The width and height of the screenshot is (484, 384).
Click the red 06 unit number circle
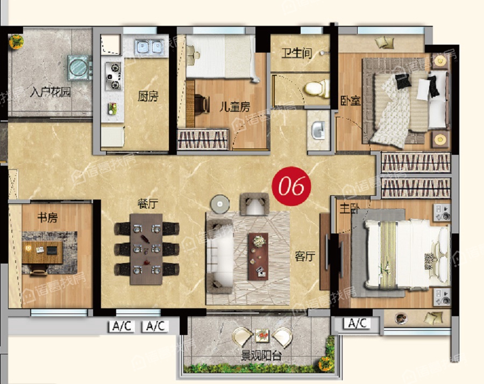(x=291, y=186)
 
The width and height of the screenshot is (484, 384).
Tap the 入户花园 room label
(x=51, y=92)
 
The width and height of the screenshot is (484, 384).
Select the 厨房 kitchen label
(x=148, y=96)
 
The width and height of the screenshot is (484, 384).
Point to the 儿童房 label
(x=234, y=107)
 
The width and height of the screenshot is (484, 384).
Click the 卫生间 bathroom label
(x=296, y=53)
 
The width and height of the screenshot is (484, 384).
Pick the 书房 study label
(x=47, y=218)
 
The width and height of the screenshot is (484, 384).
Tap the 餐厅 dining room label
(x=148, y=204)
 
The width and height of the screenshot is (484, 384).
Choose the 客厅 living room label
(x=305, y=256)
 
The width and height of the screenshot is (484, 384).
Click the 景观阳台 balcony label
(x=261, y=356)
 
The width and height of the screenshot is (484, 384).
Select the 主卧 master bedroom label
(x=349, y=208)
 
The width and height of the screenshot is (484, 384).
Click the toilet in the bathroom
(x=316, y=88)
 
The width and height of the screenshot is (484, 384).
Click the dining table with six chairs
(x=146, y=249)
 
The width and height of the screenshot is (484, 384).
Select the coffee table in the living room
(x=258, y=257)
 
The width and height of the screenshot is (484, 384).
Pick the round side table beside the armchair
(x=220, y=204)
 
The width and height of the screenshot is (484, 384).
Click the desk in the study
(x=42, y=252)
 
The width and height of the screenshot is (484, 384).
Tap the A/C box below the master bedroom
(x=357, y=323)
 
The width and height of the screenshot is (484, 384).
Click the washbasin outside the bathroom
(x=318, y=131)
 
